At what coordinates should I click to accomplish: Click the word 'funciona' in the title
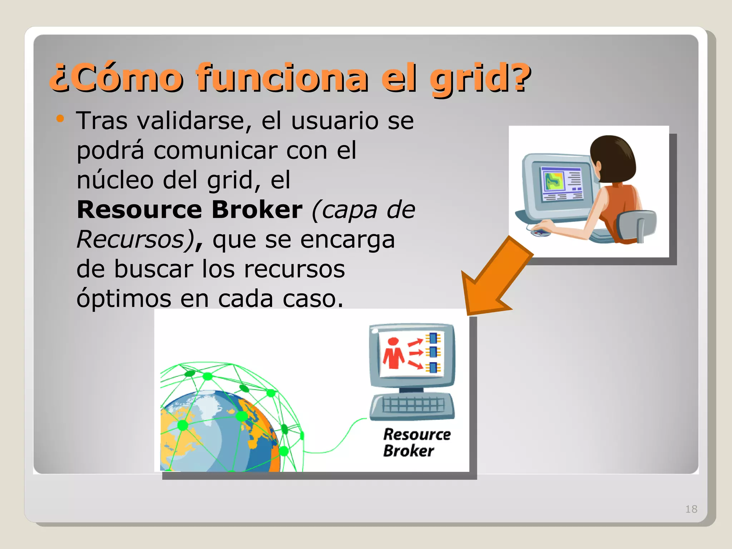point(282,78)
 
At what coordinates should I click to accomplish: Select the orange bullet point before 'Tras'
point(60,119)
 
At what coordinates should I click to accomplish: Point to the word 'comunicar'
point(216,150)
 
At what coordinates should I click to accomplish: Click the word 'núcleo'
point(115,180)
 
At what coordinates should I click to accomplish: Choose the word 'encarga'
point(347,240)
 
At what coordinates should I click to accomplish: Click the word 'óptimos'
point(124,298)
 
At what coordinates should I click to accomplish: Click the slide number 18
point(691,509)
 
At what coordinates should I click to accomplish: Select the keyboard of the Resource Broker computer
point(412,406)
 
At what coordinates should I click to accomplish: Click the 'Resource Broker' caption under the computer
point(416,442)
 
